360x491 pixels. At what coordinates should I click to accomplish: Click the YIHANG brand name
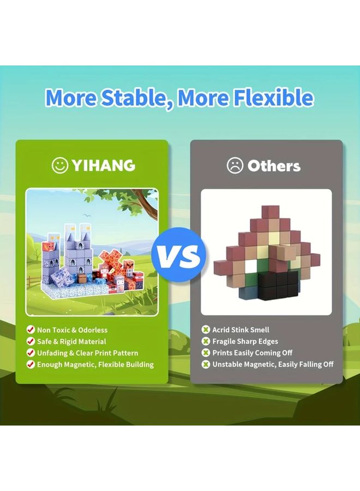point(103,165)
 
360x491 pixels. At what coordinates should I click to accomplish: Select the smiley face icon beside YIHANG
point(60,165)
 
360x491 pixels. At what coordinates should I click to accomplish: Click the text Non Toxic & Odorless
point(72,330)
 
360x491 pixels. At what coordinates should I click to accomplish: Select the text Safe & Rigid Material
point(71,342)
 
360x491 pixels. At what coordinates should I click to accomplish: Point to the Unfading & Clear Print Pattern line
point(87,353)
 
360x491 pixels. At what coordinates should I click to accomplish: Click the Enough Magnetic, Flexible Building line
point(95,364)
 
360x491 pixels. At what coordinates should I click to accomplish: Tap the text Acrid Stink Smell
point(241,330)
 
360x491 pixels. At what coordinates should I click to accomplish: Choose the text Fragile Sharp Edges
point(245,342)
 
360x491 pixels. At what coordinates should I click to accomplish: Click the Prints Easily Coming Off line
point(253,353)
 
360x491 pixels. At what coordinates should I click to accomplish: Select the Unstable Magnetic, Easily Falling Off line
point(273,364)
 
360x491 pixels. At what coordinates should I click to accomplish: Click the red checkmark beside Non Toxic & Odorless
point(31,330)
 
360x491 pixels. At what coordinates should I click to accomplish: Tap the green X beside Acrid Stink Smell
point(206,330)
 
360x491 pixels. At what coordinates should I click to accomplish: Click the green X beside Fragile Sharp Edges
point(206,342)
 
